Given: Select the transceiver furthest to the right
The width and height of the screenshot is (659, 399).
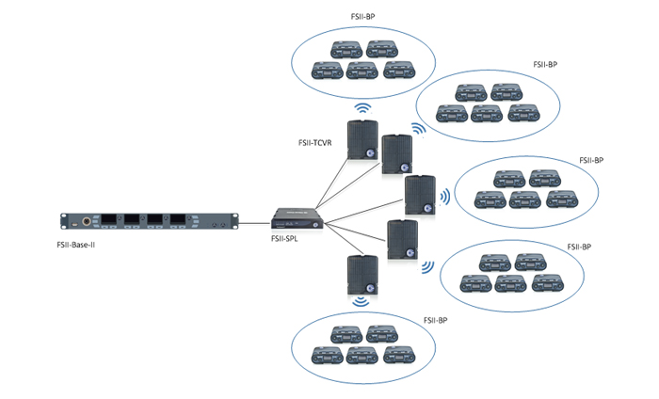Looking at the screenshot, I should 419,195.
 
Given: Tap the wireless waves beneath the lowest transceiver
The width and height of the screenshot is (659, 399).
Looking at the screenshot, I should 361,302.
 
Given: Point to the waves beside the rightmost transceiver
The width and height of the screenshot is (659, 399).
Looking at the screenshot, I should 442,197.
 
